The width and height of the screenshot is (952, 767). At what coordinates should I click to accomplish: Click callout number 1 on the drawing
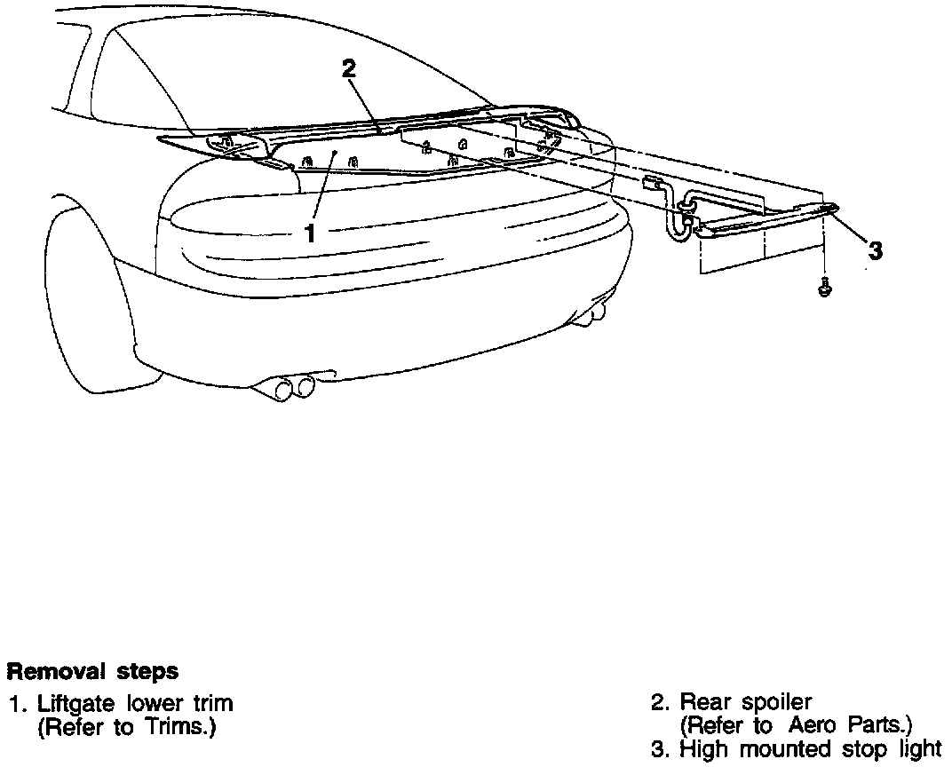tap(310, 233)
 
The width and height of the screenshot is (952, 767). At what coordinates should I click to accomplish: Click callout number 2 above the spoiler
tap(349, 69)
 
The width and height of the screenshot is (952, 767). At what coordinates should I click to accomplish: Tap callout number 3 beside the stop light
tap(876, 251)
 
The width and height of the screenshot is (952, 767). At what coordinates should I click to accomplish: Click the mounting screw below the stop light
tap(825, 289)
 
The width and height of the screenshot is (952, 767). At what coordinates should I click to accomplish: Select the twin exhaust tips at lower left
tap(296, 387)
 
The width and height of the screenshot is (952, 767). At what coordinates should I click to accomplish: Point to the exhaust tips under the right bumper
tap(593, 312)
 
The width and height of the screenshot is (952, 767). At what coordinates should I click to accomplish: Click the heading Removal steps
tap(91, 671)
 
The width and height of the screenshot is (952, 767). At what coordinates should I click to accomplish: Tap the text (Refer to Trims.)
tap(127, 727)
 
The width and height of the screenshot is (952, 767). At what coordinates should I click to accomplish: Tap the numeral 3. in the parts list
tap(660, 749)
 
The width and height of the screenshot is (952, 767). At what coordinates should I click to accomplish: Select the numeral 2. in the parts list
tap(660, 704)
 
